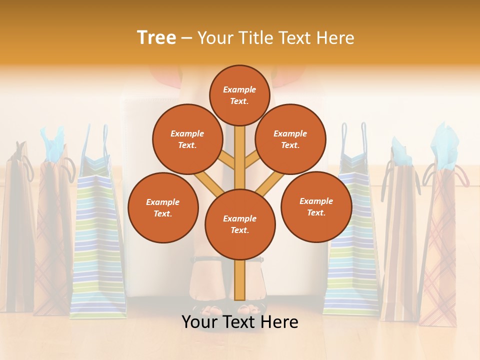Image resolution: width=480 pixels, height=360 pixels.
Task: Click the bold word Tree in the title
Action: (156, 37)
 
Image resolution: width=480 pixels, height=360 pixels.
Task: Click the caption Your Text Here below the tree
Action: (240, 322)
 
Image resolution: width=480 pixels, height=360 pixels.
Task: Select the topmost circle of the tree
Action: (240, 95)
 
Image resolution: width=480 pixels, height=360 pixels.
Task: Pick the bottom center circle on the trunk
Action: (240, 224)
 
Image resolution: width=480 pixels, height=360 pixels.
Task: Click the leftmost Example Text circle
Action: (163, 207)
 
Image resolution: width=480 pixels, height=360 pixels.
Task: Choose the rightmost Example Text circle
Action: (316, 206)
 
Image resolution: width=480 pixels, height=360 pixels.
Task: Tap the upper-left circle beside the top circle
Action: (187, 139)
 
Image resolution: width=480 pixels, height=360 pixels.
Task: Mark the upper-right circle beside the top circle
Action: (290, 139)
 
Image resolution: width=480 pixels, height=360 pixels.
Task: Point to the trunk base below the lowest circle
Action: (240, 280)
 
